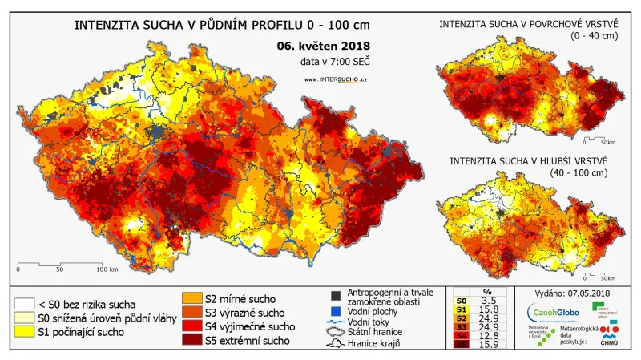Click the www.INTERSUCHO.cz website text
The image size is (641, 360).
337,79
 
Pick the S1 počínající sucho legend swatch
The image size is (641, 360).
25,333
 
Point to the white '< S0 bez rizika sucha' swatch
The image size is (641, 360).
25,304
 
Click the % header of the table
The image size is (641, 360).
487,291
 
